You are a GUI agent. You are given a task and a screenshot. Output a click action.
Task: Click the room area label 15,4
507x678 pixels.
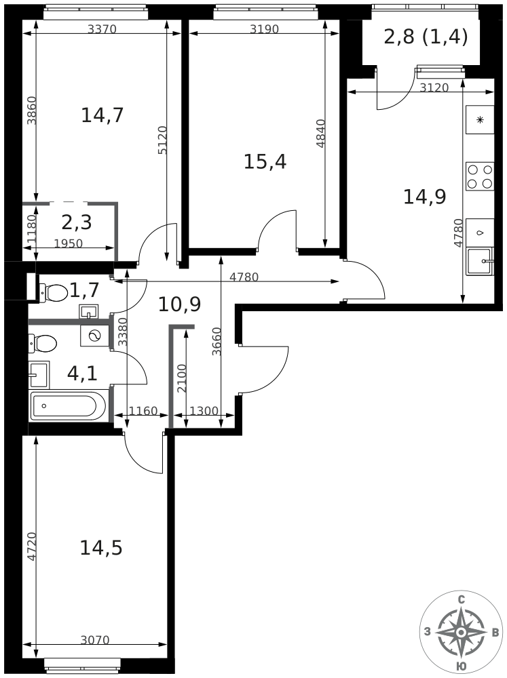pyautogui.click(x=265, y=162)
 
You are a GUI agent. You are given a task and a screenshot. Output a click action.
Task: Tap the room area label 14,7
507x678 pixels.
pyautogui.click(x=102, y=115)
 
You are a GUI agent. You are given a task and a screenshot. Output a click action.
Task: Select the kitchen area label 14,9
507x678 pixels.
pyautogui.click(x=424, y=197)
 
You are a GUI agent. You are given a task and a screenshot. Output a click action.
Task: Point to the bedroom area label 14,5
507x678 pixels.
pyautogui.click(x=101, y=549)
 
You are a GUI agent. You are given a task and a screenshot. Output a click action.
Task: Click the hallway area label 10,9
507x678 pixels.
pyautogui.click(x=179, y=304)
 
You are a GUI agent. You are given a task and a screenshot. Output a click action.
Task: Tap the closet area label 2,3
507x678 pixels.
pyautogui.click(x=77, y=222)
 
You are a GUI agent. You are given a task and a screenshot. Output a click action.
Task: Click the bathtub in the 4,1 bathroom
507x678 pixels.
pyautogui.click(x=68, y=406)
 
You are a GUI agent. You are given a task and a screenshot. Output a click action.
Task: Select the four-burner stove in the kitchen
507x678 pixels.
pyautogui.click(x=480, y=176)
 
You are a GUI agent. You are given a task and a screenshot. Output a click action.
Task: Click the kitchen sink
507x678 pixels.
pyautogui.click(x=479, y=261)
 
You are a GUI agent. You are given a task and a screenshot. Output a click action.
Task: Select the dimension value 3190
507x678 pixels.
pyautogui.click(x=265, y=29)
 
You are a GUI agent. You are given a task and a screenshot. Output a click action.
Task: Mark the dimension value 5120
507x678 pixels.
pyautogui.click(x=162, y=140)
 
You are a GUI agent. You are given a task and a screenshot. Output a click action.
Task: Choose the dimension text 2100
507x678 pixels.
pyautogui.click(x=182, y=379)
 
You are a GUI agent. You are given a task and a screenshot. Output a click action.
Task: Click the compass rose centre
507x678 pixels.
pyautogui.click(x=462, y=633)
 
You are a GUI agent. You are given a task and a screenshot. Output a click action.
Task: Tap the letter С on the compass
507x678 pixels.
pyautogui.click(x=462, y=600)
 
